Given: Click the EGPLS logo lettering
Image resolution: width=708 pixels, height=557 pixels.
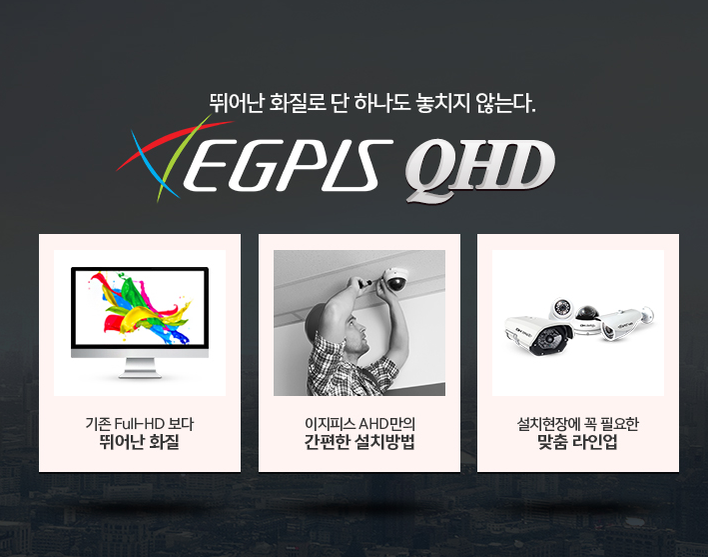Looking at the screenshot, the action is [288, 165].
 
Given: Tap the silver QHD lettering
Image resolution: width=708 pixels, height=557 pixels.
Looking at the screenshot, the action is [480, 169].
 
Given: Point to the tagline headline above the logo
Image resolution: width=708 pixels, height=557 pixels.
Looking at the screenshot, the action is [372, 103].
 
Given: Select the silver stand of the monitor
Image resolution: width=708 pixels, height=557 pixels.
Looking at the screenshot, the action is [140, 368].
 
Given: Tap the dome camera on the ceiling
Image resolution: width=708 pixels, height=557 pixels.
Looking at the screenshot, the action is [395, 279].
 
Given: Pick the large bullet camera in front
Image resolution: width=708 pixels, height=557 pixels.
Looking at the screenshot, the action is [538, 335].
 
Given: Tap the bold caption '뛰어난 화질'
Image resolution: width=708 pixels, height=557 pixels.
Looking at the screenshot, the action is [140, 442].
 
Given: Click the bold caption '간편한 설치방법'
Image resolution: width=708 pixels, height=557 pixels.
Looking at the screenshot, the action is [359, 442].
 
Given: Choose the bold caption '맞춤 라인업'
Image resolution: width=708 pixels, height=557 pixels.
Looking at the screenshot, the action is [578, 442].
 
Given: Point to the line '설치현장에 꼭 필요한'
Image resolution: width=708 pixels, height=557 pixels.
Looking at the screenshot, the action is [578, 424].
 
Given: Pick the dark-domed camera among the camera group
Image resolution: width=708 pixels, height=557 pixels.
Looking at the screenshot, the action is [587, 320].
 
